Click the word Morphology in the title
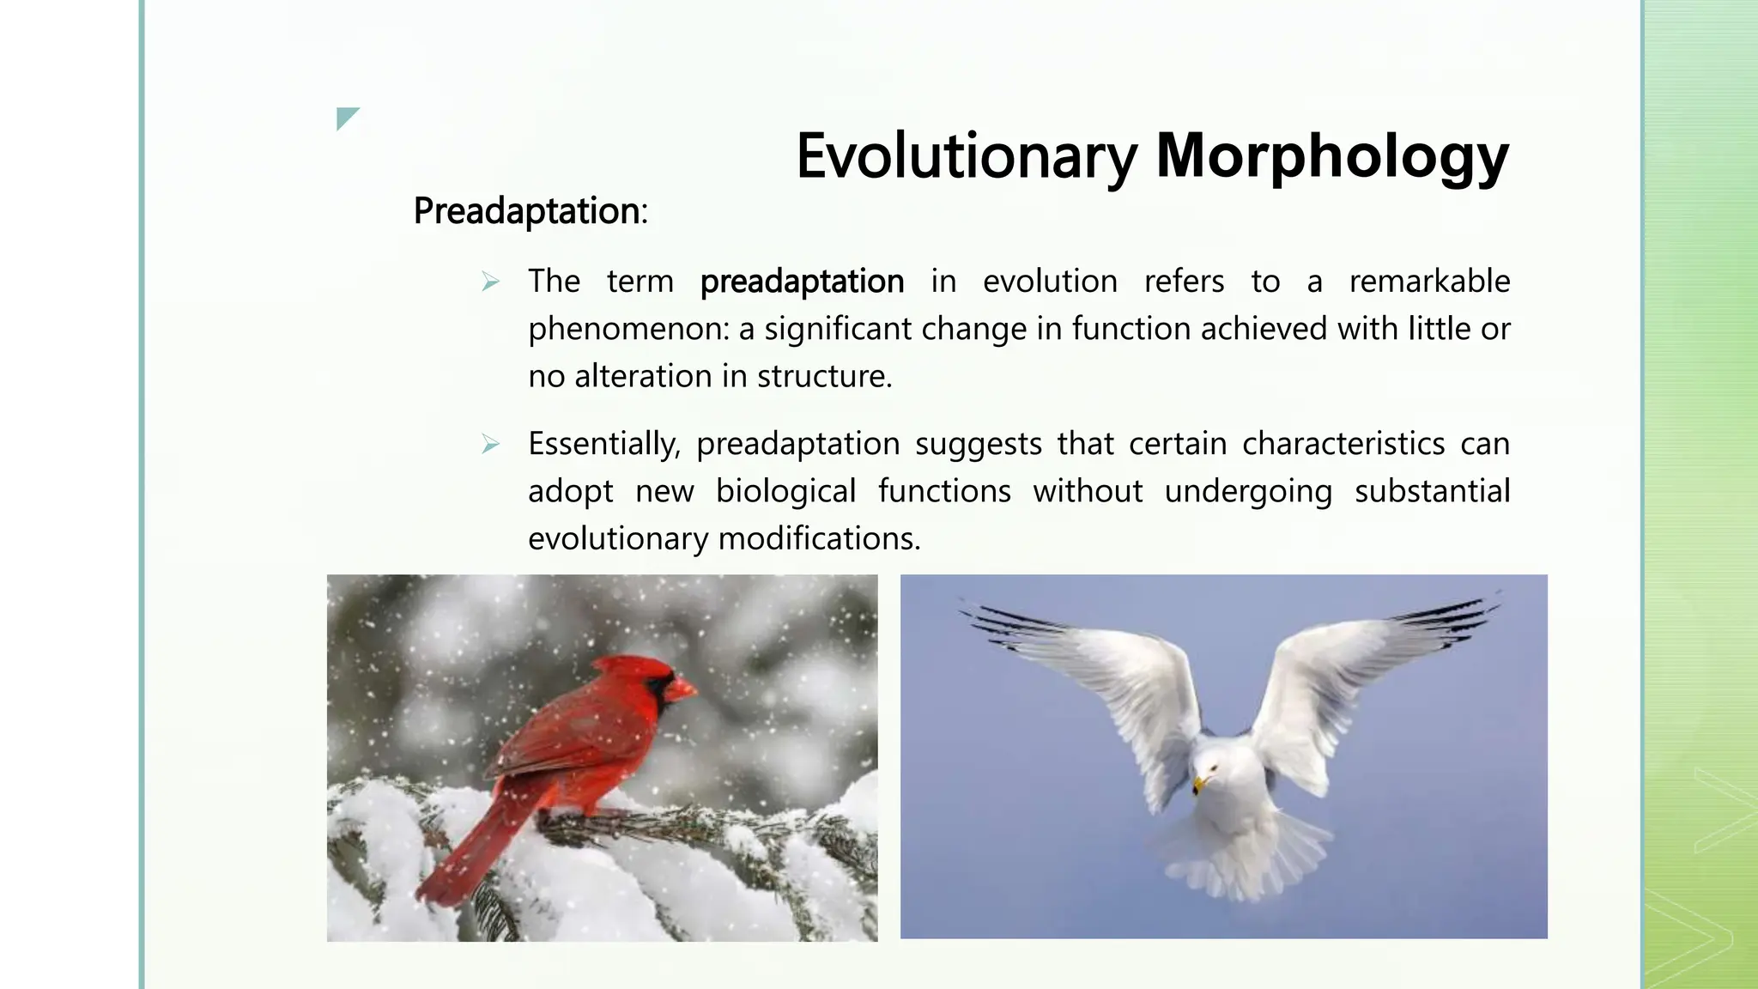point(1331,157)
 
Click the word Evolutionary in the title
point(967,157)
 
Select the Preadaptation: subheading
point(530,211)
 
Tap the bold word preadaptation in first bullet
point(802,282)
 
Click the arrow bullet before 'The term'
point(490,282)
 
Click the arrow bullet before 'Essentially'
point(490,444)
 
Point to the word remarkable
point(1429,282)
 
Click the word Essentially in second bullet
point(603,444)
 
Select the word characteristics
point(1343,444)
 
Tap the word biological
point(785,491)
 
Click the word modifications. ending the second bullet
point(819,539)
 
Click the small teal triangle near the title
point(346,117)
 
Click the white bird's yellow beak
point(1199,784)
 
